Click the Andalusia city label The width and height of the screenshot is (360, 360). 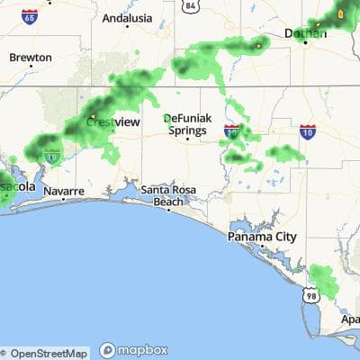[127, 17]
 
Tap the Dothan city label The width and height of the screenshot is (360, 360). [306, 33]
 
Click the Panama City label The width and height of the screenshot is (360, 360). [262, 237]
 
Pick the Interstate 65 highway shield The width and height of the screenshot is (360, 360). [31, 16]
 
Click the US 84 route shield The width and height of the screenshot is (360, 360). [189, 6]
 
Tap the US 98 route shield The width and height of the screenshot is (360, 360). [311, 295]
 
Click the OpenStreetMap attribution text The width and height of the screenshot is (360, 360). [49, 353]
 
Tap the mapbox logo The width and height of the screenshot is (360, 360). [134, 350]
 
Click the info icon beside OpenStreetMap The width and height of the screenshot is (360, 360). [6, 353]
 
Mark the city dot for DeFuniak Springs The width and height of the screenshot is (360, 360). [187, 139]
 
